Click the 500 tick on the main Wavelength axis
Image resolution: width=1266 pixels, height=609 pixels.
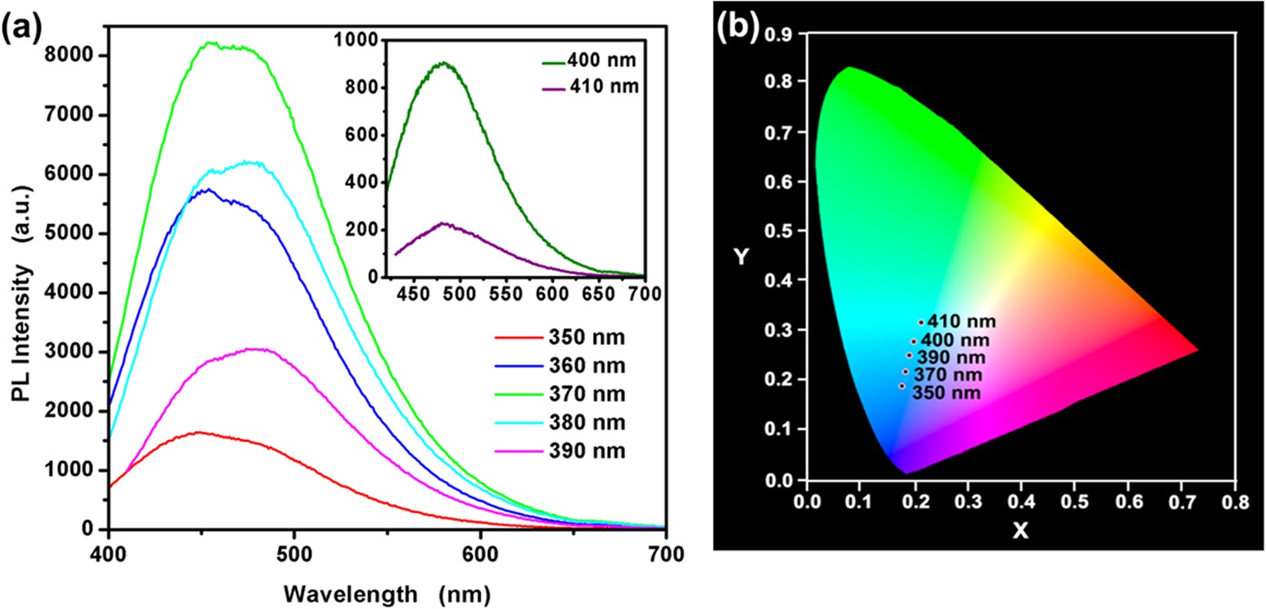[295, 554]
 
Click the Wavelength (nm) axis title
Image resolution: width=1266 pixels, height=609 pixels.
[386, 593]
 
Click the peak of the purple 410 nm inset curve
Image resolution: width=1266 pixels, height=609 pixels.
[444, 223]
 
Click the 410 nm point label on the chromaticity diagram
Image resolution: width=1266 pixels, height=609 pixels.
[961, 322]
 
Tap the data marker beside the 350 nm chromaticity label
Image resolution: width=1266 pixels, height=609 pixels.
[902, 386]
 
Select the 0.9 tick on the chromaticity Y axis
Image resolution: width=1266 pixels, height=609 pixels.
[781, 34]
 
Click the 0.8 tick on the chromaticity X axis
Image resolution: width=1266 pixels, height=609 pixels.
[1235, 501]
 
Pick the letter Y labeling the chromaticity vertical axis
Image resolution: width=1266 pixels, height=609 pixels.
[740, 257]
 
